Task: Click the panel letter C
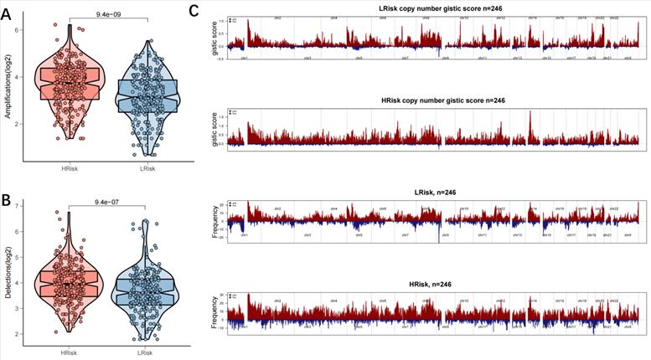(195, 11)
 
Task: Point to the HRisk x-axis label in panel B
(69, 352)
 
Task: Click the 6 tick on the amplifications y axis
(18, 30)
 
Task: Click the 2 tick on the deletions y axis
(18, 334)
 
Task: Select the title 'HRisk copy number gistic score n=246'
(433, 100)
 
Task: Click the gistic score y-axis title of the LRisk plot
(215, 39)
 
